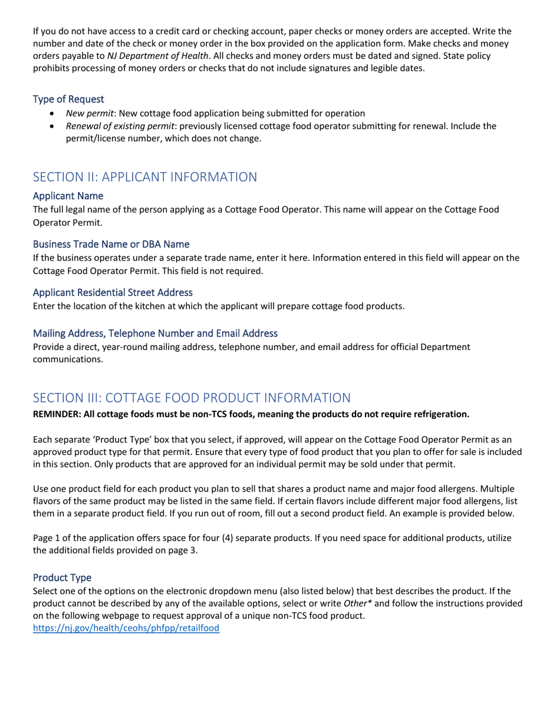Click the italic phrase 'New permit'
pos(89,113)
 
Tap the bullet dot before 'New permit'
pos(54,113)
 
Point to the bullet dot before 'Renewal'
pos(54,126)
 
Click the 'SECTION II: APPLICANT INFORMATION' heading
pos(144,177)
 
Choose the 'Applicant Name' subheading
pos(68,195)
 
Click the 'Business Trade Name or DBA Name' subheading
pos(111,243)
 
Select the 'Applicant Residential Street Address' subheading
pos(113,292)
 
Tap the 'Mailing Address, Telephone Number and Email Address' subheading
pos(154,333)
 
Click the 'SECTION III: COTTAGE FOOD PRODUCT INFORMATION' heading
pos(191,397)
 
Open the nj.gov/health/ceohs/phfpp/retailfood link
pos(126,628)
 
